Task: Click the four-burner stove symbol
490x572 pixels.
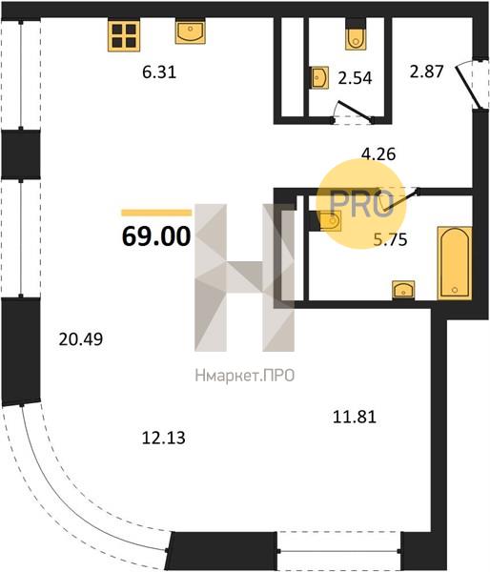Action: pos(124,35)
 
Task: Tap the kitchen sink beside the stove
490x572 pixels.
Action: pos(190,31)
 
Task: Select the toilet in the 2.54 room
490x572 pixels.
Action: pos(356,34)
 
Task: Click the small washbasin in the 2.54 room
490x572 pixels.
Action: pos(320,77)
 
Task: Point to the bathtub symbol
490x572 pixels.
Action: pos(455,263)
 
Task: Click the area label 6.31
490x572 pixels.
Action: pos(159,72)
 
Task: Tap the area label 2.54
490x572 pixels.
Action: pos(355,78)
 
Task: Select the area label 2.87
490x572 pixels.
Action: pos(426,71)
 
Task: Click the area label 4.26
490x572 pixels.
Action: pos(378,153)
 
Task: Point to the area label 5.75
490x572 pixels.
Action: pos(391,239)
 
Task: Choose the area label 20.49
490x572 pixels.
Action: pos(81,339)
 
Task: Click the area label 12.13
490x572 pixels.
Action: pos(163,438)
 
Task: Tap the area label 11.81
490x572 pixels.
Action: pos(355,417)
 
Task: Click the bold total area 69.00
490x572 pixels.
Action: pos(156,236)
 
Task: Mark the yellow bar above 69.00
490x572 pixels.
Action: pos(156,213)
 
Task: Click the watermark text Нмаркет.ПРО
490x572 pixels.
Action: pos(245,376)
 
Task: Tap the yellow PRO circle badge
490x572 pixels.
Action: pos(361,204)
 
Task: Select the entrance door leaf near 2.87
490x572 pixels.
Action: pos(467,86)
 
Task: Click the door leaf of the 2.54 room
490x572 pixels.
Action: pos(356,111)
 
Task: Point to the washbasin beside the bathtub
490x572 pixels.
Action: pos(403,290)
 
